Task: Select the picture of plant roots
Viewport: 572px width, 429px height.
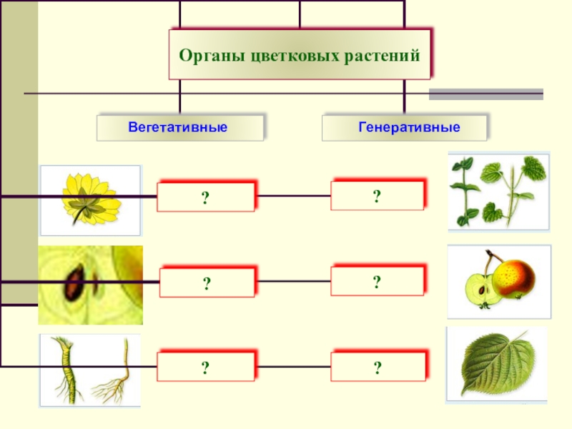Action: click(x=90, y=370)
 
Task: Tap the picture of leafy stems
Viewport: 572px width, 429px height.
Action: click(x=498, y=191)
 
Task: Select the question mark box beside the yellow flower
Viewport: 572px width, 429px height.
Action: click(x=205, y=197)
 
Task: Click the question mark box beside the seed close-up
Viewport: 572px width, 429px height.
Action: click(x=206, y=283)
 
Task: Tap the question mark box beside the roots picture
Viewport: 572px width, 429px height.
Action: click(x=205, y=368)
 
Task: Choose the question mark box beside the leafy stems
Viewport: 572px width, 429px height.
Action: click(x=377, y=194)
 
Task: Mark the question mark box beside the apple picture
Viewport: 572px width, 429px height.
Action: click(x=377, y=280)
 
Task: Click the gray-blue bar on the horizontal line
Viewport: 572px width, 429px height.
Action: click(x=485, y=94)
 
